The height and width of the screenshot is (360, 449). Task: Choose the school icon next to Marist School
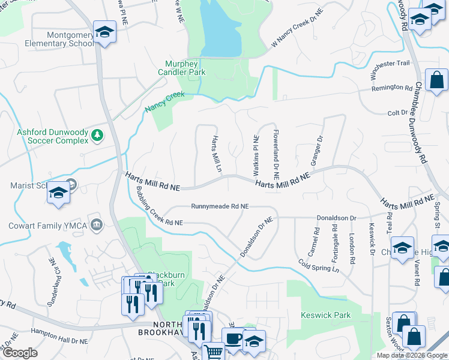tap(59, 193)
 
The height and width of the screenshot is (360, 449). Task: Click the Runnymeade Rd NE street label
tap(220, 206)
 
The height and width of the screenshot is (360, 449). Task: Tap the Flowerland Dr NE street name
tap(276, 155)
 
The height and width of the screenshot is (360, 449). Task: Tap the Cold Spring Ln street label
tap(319, 265)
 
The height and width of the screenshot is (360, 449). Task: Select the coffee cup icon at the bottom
tap(234, 338)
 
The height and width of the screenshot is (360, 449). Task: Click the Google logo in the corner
tap(20, 353)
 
